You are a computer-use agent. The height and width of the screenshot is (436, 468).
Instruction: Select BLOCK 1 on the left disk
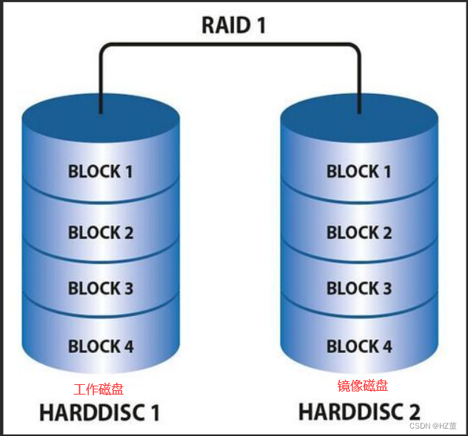coord(101,171)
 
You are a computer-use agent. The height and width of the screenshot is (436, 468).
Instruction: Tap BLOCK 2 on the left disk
coord(101,232)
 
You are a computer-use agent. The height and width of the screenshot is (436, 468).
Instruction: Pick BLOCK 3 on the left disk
coord(101,288)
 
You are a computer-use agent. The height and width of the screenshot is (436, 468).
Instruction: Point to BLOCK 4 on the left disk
coord(101,346)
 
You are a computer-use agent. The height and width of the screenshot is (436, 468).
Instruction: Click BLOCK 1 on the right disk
coord(359,171)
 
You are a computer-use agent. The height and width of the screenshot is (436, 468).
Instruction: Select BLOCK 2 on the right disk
coord(359,232)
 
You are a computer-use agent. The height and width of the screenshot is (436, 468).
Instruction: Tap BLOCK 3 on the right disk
coord(359,288)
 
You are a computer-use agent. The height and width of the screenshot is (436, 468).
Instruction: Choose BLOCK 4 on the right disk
coord(359,346)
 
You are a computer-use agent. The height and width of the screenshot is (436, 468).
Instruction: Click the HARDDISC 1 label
coord(99,411)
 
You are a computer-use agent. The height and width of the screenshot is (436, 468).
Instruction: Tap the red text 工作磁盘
coord(98,389)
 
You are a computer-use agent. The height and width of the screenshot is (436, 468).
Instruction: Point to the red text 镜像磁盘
coord(363,386)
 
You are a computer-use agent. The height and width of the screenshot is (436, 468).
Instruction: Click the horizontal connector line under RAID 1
coord(230,46)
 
